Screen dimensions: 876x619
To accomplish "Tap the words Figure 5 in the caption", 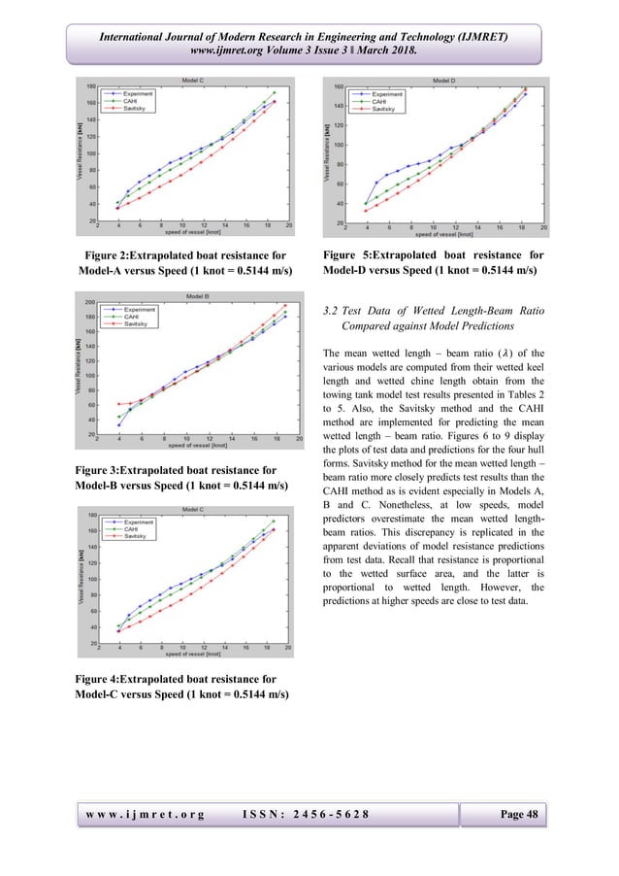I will coord(347,254).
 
